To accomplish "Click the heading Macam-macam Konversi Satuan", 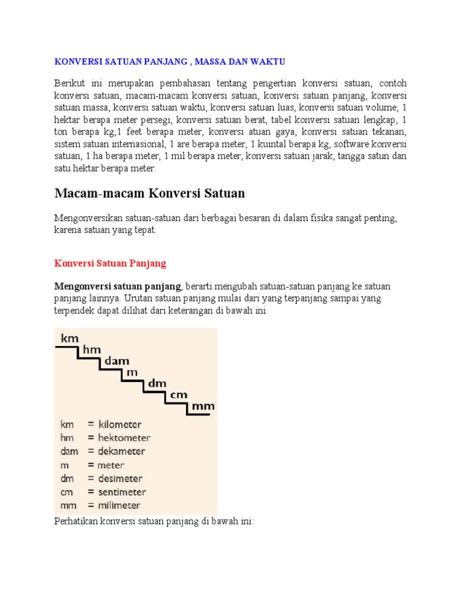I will (x=150, y=193).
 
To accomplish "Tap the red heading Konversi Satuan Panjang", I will (x=110, y=263).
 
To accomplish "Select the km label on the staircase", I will (x=70, y=339).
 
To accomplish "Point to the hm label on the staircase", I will (x=91, y=350).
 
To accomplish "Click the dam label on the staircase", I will (x=117, y=361).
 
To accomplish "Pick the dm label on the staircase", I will (x=157, y=383).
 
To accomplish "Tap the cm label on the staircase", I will (x=179, y=394).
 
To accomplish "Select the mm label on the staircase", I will (x=203, y=406).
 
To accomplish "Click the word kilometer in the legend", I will (x=120, y=424).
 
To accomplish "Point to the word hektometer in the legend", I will (x=123, y=438).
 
